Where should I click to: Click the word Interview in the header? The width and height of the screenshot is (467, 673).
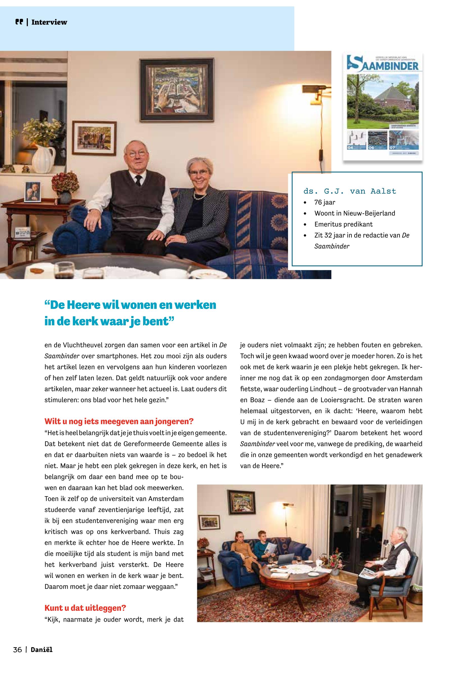tap(49, 22)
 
